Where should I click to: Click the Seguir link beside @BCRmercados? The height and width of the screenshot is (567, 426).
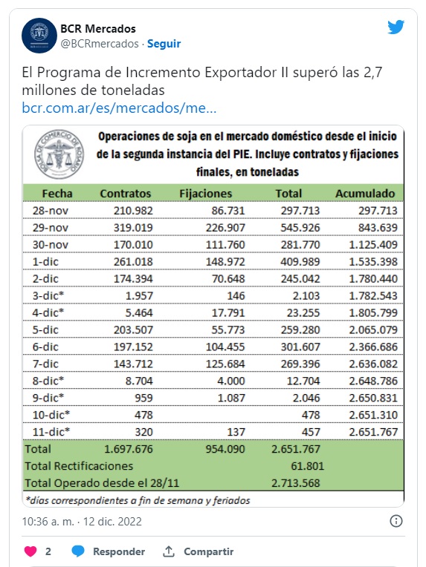pyautogui.click(x=164, y=44)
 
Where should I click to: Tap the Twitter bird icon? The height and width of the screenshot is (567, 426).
pyautogui.click(x=396, y=27)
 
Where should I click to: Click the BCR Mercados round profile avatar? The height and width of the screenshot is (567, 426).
pyautogui.click(x=39, y=36)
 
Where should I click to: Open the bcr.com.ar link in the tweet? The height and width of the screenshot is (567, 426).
pyautogui.click(x=119, y=108)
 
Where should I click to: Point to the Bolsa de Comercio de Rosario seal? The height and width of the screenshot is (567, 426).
pyautogui.click(x=59, y=154)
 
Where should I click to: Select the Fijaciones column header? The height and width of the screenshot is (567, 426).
pyautogui.click(x=205, y=194)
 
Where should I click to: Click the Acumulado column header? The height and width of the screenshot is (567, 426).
pyautogui.click(x=365, y=194)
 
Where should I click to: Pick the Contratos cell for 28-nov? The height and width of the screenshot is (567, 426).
pyautogui.click(x=133, y=211)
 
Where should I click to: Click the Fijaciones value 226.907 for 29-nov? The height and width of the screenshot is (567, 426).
pyautogui.click(x=225, y=227)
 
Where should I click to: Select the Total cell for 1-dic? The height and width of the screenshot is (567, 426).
pyautogui.click(x=300, y=261)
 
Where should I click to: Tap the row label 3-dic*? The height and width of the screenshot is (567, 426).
pyautogui.click(x=48, y=295)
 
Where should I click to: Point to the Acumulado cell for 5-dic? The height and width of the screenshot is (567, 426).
pyautogui.click(x=373, y=330)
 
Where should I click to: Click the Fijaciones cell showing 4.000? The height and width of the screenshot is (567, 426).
pyautogui.click(x=230, y=381)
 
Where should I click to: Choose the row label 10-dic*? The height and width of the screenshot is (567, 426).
pyautogui.click(x=51, y=415)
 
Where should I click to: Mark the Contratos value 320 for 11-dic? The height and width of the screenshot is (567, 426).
pyautogui.click(x=143, y=432)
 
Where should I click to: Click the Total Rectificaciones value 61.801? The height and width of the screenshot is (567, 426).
pyautogui.click(x=308, y=466)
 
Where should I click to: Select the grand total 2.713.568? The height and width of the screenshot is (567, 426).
pyautogui.click(x=296, y=482)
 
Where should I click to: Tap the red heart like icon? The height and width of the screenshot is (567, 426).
pyautogui.click(x=30, y=551)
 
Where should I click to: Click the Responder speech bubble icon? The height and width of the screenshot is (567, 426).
pyautogui.click(x=78, y=551)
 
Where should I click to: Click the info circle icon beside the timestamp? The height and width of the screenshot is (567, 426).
pyautogui.click(x=396, y=521)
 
